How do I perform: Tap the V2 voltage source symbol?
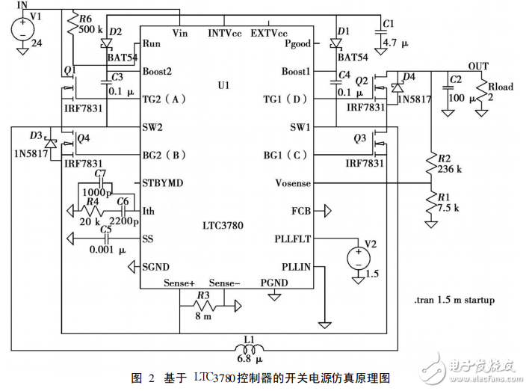358,258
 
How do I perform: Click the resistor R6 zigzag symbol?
72,26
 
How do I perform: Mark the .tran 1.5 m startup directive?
453,301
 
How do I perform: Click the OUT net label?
477,67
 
